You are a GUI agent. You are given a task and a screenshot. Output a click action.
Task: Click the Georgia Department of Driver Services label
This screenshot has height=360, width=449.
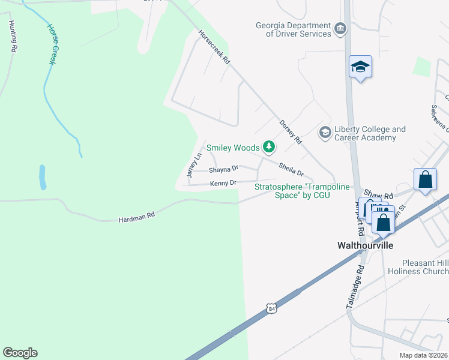[293, 29]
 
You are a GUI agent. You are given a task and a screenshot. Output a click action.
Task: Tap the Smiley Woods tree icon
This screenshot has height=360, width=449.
[270, 147]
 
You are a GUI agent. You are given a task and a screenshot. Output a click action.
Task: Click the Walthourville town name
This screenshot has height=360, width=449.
[364, 246]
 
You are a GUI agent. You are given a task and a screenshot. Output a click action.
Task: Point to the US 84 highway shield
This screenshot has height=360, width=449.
[272, 308]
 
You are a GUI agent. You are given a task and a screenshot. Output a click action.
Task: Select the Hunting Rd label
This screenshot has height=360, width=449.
[11, 36]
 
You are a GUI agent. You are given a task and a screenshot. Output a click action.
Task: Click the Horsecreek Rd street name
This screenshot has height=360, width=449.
[214, 47]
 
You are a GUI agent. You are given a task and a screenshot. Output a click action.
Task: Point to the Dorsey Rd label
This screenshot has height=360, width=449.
[290, 132]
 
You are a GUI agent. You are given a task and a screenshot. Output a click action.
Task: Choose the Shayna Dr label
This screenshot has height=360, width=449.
[223, 169]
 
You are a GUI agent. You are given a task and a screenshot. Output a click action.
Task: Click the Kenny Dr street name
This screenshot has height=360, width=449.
[223, 182]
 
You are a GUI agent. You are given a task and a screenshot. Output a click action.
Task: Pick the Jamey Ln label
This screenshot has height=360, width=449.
[193, 166]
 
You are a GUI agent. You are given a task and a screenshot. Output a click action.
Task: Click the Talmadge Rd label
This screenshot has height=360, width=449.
[355, 289]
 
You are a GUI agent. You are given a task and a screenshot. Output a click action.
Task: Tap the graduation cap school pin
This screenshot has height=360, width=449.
[360, 67]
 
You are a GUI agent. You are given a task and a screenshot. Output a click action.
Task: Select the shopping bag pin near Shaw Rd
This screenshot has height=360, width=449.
[425, 179]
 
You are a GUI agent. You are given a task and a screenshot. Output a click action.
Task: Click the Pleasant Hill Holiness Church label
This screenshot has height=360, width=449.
[425, 267]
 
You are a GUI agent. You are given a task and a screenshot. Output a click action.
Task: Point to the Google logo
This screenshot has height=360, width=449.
[20, 353]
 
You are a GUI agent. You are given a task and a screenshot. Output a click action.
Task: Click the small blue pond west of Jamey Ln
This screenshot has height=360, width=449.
[43, 177]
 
